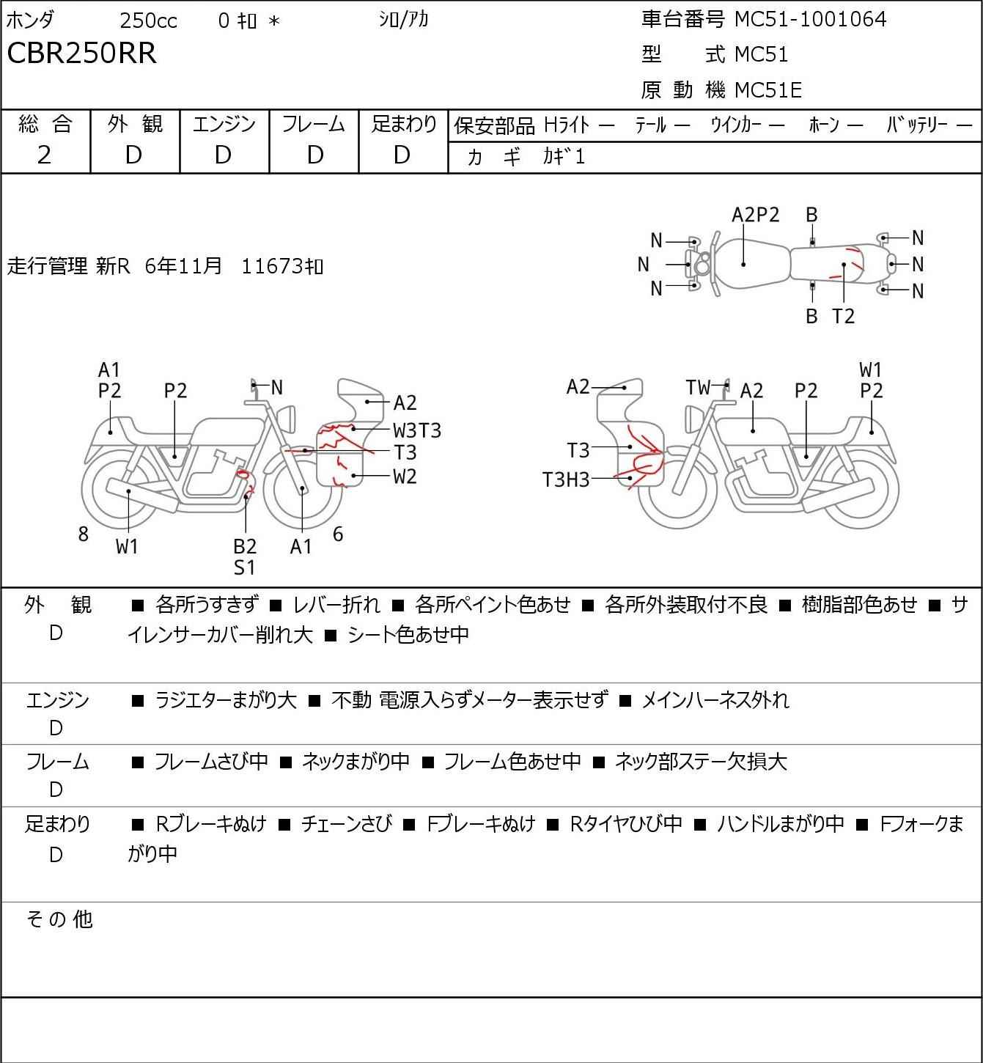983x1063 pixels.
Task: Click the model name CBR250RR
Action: click(x=81, y=54)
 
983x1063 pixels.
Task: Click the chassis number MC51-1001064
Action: click(x=810, y=19)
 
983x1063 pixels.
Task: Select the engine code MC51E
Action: click(x=767, y=90)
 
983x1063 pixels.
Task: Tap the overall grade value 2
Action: click(x=44, y=155)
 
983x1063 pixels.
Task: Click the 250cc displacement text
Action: click(x=148, y=21)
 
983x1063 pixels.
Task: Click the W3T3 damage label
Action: click(x=417, y=430)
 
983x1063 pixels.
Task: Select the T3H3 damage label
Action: click(x=565, y=479)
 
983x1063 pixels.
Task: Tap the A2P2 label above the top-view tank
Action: click(x=756, y=215)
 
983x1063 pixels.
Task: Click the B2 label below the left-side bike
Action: click(x=245, y=546)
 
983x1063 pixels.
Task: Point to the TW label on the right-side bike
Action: click(x=698, y=387)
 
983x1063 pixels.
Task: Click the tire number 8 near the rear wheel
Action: click(x=84, y=534)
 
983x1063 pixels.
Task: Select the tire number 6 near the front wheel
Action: click(x=338, y=534)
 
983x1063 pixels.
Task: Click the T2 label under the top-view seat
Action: click(x=844, y=316)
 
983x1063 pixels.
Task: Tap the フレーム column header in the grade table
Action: click(x=314, y=125)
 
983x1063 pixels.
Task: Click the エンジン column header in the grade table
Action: click(x=224, y=125)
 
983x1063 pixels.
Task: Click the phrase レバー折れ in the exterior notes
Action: click(x=336, y=605)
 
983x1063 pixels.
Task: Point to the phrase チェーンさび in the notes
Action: click(x=346, y=824)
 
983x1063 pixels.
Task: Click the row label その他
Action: click(x=59, y=919)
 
